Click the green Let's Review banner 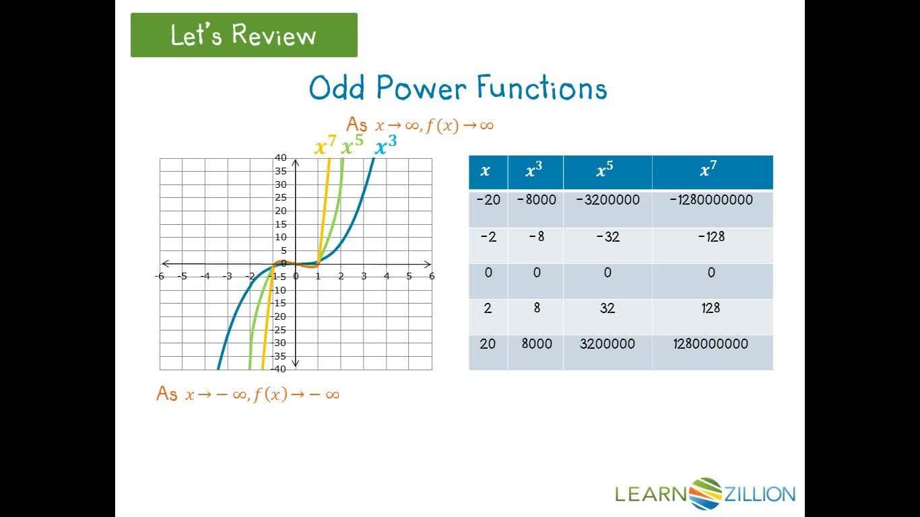click(243, 35)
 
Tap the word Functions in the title click(541, 88)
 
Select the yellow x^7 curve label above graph click(325, 147)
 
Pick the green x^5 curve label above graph click(352, 146)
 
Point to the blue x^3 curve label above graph click(385, 145)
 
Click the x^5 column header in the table click(606, 172)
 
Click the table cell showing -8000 click(536, 200)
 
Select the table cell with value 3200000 click(607, 344)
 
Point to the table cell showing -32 click(607, 237)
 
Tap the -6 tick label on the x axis click(159, 276)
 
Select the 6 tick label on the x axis click(432, 276)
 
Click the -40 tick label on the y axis click(278, 369)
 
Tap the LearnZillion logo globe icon click(705, 494)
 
